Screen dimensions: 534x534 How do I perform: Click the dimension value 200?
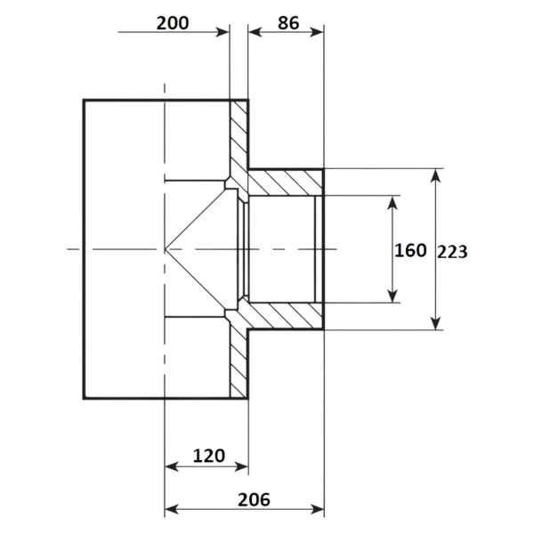(173, 23)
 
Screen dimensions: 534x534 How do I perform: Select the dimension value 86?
(288, 23)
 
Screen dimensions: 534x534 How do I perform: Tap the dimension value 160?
(410, 250)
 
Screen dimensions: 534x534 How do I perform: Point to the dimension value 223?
(452, 252)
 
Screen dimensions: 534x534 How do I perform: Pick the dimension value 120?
(209, 456)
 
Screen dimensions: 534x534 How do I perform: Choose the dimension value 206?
(254, 499)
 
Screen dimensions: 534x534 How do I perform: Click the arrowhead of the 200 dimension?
(223, 32)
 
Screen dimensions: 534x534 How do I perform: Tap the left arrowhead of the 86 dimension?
(255, 32)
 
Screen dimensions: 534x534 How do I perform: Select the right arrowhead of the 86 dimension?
(317, 32)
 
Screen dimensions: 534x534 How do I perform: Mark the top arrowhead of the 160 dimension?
(392, 203)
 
